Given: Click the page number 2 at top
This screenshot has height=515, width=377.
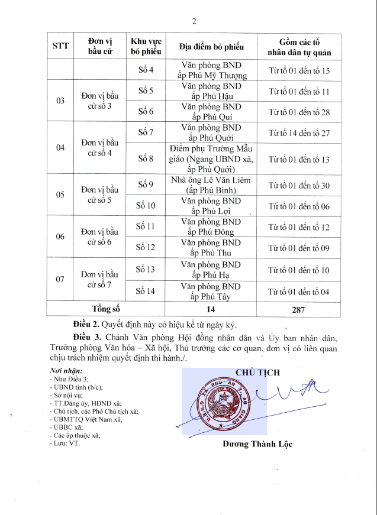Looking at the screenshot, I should coord(194,22).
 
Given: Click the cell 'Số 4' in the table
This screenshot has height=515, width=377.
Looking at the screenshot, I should coord(146,70).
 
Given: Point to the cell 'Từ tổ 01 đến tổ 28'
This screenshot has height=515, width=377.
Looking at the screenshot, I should coord(299,112).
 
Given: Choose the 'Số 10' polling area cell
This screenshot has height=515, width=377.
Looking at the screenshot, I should coord(146,206).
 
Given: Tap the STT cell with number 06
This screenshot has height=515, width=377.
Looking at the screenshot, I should coord(60,237).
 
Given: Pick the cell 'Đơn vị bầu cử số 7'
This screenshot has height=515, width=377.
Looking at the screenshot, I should coord(100,279).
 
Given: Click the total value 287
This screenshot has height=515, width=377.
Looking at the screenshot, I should coord(299,309).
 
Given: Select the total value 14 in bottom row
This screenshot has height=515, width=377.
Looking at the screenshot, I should coord(211,309).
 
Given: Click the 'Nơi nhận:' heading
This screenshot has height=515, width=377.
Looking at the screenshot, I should coord(66,371).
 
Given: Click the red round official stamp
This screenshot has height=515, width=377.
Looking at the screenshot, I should coord(224,403).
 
